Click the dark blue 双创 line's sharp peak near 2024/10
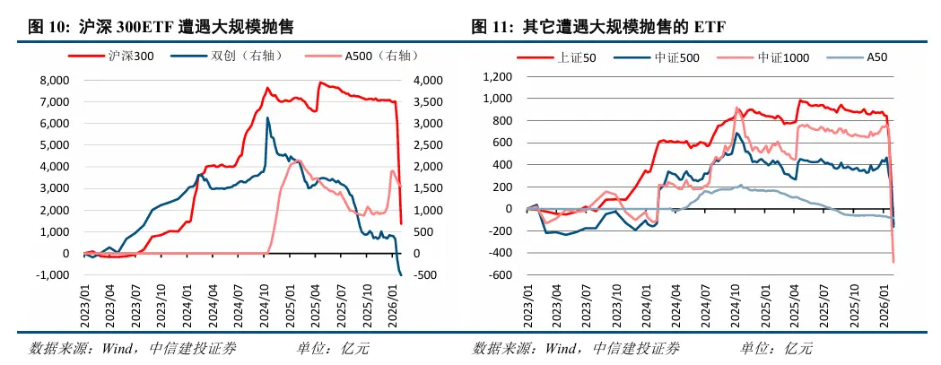click(x=267, y=117)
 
